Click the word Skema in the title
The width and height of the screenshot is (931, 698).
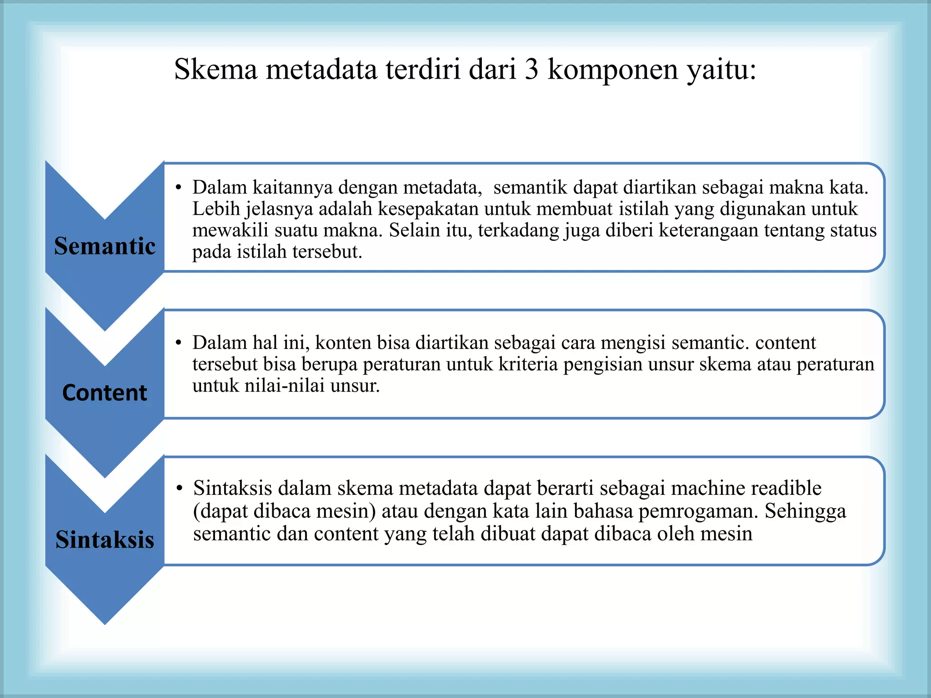click(x=215, y=70)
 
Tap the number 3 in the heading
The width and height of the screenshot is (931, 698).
click(x=531, y=70)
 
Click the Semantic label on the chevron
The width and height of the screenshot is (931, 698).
click(x=105, y=246)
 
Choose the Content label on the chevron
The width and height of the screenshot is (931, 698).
click(x=105, y=393)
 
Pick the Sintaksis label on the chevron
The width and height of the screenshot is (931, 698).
click(x=105, y=540)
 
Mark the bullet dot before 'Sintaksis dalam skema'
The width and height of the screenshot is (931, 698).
click(x=180, y=489)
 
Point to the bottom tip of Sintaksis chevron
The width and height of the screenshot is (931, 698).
click(x=105, y=623)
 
